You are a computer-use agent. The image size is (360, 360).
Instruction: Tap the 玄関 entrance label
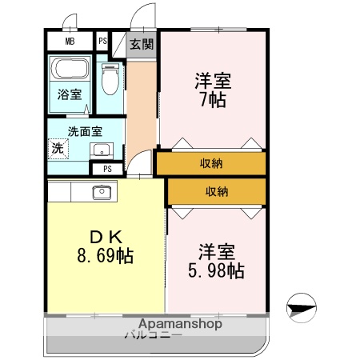tap(142, 43)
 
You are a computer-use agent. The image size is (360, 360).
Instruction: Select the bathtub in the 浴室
tap(71, 70)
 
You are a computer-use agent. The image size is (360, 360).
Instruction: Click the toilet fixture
tap(110, 80)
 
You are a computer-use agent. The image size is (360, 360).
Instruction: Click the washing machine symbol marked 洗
tap(58, 148)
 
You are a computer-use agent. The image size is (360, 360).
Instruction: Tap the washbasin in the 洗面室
tap(102, 150)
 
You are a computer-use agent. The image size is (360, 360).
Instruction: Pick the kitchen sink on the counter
tap(102, 191)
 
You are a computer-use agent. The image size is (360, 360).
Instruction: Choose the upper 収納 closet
tap(211, 163)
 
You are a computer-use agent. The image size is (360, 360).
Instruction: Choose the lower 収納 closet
tap(216, 191)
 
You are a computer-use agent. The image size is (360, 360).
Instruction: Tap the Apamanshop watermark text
tap(180, 324)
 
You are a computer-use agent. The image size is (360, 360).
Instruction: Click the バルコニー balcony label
tap(154, 335)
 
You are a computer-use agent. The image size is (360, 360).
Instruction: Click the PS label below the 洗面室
tap(107, 169)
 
